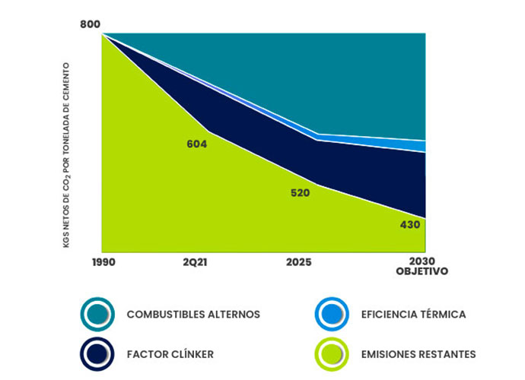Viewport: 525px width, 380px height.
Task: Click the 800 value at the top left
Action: (90, 26)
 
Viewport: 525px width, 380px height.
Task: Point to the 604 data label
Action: (197, 144)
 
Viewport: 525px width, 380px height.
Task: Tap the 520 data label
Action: (300, 193)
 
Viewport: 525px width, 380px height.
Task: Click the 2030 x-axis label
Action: (424, 261)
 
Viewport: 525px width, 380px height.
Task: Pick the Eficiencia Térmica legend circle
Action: (332, 314)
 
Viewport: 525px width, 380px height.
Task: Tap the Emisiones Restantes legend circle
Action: (332, 353)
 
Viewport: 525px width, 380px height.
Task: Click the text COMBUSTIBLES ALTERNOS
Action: (193, 314)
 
